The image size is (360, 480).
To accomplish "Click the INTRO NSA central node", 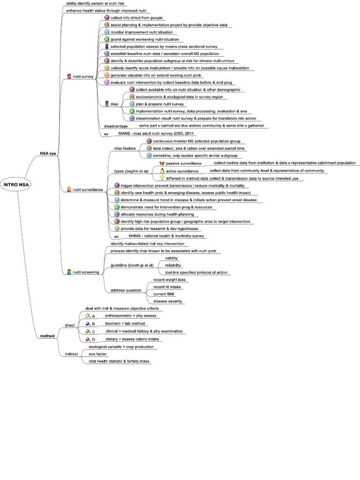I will coord(16,184).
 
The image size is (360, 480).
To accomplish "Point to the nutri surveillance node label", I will coord(88,189).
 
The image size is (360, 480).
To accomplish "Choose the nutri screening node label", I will coord(86,272).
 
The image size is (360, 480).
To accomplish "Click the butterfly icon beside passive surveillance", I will coord(162,163).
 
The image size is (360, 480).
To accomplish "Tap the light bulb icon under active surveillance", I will coord(162,178).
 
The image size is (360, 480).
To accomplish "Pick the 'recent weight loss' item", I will coord(169,279).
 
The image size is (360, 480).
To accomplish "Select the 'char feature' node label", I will coord(125,148).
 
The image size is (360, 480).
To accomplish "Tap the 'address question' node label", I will coord(126,290).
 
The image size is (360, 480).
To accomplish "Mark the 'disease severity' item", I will coord(168,301).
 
